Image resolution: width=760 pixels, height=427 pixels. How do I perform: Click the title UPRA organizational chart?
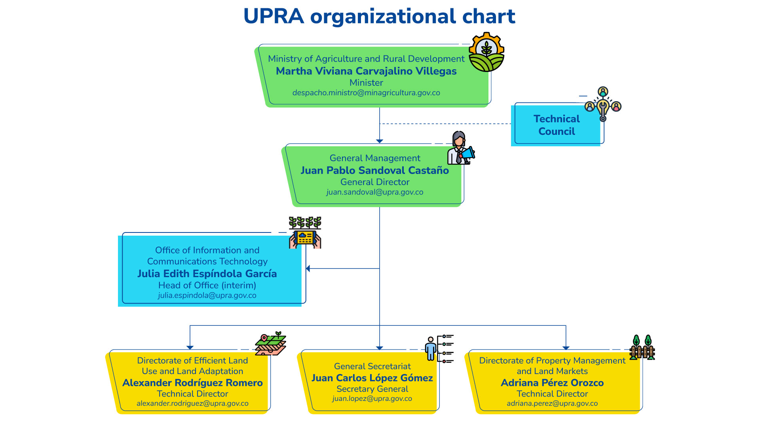379,16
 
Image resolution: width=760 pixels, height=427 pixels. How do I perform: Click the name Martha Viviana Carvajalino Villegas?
366,71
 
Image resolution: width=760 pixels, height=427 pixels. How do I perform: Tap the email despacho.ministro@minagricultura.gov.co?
366,93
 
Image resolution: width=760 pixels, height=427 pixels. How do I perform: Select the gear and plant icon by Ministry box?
486,52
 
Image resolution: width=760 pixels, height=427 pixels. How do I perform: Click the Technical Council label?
556,125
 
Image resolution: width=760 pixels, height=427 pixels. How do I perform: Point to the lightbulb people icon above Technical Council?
603,104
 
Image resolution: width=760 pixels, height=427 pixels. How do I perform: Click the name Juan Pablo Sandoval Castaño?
374,170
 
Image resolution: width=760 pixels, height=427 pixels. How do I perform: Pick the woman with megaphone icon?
460,148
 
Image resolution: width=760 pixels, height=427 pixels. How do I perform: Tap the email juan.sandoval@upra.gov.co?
374,192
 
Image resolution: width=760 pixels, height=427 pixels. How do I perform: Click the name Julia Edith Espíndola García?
207,274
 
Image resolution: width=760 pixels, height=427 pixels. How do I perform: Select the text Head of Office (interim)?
207,285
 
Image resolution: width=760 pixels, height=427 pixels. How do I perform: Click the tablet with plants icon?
305,233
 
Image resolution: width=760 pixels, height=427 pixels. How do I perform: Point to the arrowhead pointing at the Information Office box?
308,268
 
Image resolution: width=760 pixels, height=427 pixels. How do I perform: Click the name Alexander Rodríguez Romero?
192,383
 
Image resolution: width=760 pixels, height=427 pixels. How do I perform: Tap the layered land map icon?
271,344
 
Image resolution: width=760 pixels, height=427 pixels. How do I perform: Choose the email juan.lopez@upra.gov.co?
372,399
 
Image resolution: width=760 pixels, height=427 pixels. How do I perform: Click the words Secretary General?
372,389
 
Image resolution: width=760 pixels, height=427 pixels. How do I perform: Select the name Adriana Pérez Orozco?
552,383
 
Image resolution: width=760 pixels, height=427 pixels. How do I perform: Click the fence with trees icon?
642,348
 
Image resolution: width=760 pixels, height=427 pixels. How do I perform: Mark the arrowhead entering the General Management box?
380,141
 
